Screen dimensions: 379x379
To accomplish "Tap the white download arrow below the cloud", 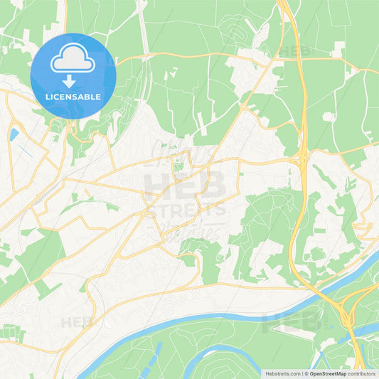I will click(x=73, y=82).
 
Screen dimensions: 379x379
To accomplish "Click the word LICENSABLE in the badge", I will click(x=73, y=96).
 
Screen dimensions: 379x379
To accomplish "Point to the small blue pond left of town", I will click(x=14, y=134).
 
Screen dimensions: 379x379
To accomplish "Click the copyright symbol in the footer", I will click(x=306, y=373).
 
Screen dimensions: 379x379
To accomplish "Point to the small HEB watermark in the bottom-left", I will click(x=77, y=322).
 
